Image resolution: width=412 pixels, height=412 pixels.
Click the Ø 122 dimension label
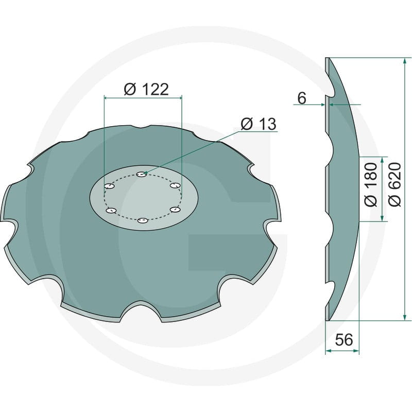point(146,89)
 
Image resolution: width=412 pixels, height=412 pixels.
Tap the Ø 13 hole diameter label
point(259,124)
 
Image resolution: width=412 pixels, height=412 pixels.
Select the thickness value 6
point(302,98)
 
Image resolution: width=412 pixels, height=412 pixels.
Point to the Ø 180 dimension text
point(371,184)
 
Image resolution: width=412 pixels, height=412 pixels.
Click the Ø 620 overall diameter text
point(394,184)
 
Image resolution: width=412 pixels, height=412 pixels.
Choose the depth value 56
point(344,339)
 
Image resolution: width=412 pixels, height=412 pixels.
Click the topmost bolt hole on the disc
point(142,174)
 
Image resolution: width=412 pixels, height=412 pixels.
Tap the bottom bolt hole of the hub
point(142,221)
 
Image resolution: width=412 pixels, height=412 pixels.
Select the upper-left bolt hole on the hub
point(109,186)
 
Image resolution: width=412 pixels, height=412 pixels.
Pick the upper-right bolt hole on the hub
point(175,185)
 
